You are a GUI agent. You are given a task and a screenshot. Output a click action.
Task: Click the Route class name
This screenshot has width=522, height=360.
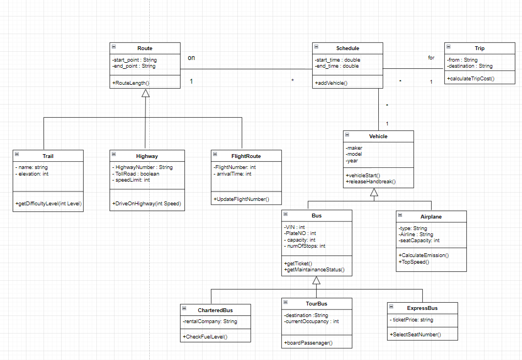(x=145, y=48)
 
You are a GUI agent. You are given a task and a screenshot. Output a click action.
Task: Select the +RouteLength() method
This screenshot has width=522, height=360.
(x=131, y=83)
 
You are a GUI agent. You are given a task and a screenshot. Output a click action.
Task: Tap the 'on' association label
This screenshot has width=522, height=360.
(x=191, y=58)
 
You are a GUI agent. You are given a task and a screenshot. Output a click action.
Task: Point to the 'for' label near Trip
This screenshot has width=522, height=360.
(x=431, y=58)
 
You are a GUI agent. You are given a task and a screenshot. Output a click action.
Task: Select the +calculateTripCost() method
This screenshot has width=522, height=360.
(x=471, y=79)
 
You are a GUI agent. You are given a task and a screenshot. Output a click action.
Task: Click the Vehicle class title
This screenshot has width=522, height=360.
(x=378, y=136)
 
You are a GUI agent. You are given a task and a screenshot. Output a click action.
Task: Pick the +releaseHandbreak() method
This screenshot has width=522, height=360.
(x=371, y=181)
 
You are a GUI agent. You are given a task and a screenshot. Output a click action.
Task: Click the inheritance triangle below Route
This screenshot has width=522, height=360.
(x=145, y=93)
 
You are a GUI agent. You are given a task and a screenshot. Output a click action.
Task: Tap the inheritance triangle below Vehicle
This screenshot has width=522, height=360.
(x=374, y=192)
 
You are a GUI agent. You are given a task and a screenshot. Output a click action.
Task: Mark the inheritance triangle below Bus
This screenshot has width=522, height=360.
(x=316, y=280)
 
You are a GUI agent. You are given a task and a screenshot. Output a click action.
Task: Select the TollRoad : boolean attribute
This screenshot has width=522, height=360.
(x=136, y=173)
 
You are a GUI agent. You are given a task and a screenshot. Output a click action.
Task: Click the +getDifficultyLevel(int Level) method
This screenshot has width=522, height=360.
(x=48, y=204)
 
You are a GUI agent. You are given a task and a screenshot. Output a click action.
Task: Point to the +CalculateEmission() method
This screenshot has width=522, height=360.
(x=423, y=255)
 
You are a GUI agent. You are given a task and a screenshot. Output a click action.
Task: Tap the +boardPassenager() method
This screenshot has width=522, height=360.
(x=308, y=343)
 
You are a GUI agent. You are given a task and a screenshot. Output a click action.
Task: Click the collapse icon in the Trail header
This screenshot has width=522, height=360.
(x=17, y=156)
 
